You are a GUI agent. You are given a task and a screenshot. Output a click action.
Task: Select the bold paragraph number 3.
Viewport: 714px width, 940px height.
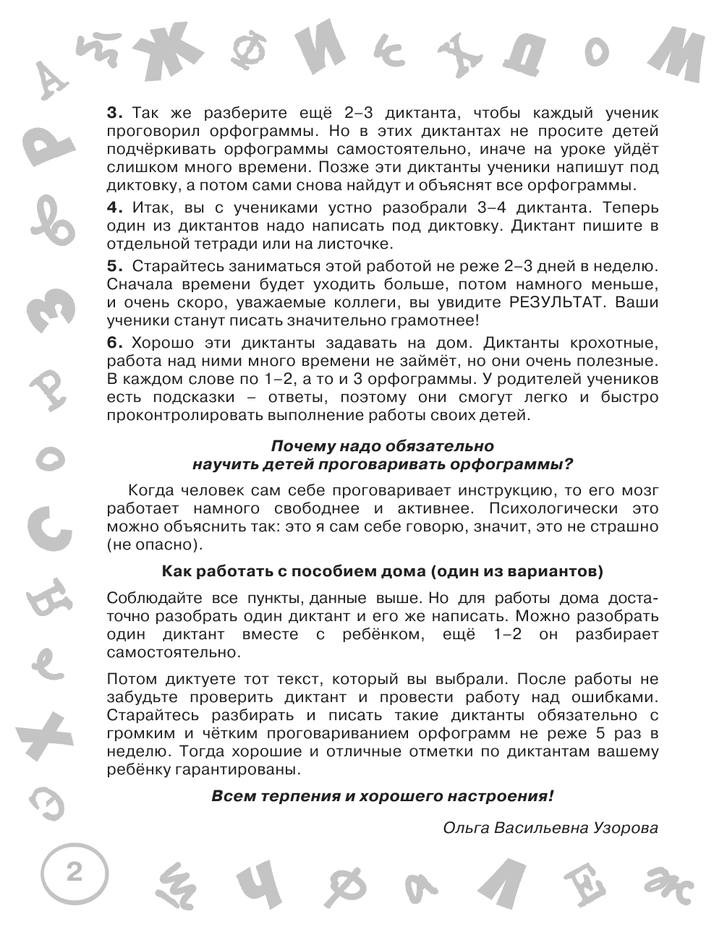pyautogui.click(x=115, y=114)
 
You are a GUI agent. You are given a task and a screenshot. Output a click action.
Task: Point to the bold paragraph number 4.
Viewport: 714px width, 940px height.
pyautogui.click(x=115, y=207)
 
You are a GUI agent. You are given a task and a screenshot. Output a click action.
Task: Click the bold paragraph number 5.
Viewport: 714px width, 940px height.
pyautogui.click(x=115, y=266)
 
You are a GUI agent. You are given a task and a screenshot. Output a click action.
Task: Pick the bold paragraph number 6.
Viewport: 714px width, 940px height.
pyautogui.click(x=115, y=342)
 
